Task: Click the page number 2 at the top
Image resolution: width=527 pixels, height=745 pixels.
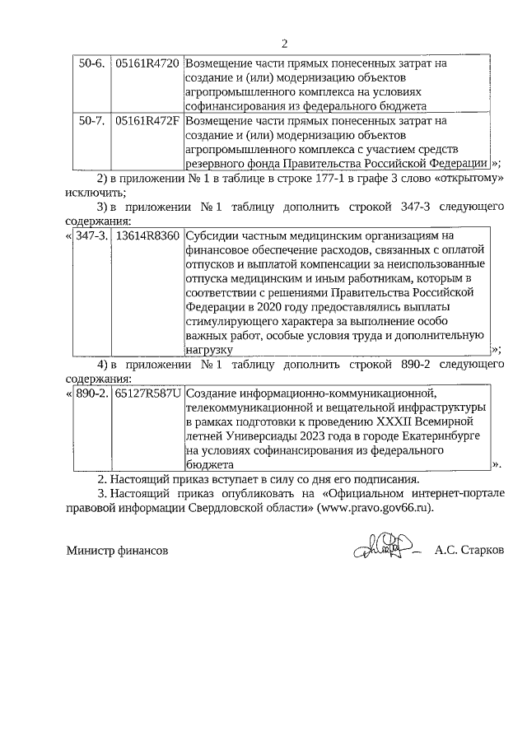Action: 284,44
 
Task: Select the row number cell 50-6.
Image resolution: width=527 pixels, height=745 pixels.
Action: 89,63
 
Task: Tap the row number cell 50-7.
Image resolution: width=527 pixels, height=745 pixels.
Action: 89,121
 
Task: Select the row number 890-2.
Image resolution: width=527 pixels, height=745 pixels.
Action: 91,393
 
